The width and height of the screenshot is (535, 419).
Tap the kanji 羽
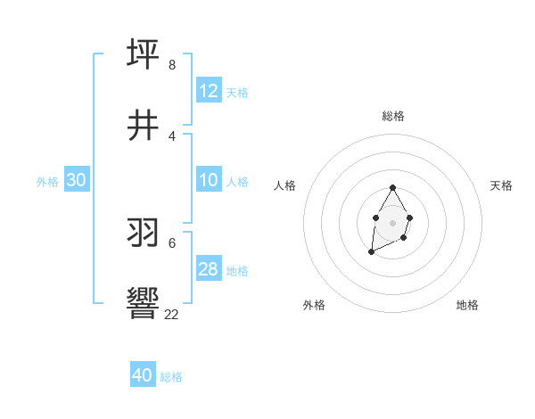click(144, 232)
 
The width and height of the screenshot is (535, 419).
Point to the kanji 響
click(144, 302)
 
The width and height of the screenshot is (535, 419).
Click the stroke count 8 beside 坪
click(171, 64)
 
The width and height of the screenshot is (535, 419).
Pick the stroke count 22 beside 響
click(171, 314)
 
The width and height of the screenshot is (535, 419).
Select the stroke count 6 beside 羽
click(171, 242)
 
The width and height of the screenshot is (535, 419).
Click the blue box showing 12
click(209, 91)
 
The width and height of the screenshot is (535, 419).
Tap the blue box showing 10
click(209, 180)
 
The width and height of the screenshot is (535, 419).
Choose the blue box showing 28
click(209, 269)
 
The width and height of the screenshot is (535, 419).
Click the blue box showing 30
click(76, 180)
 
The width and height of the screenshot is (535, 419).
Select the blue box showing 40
click(143, 375)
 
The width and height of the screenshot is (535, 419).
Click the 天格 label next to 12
click(237, 92)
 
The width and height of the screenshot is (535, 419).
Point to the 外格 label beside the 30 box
click(47, 182)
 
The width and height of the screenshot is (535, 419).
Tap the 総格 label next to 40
click(171, 377)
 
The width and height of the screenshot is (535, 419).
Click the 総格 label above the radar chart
click(392, 116)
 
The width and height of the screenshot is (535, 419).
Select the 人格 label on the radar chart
click(285, 185)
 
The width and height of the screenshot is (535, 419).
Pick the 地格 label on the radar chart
click(467, 305)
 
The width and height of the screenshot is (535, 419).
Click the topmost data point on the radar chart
click(392, 188)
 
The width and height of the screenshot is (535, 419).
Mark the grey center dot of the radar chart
click(392, 221)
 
